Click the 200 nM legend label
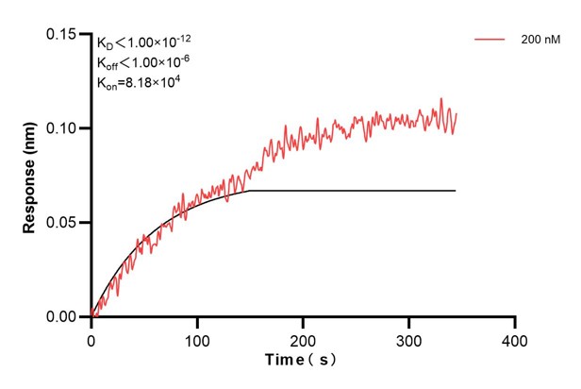click(539, 40)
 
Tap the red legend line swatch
click(490, 40)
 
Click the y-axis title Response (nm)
click(29, 177)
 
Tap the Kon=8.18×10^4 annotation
click(138, 82)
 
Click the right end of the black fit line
click(456, 191)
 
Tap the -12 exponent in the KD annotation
click(186, 37)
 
